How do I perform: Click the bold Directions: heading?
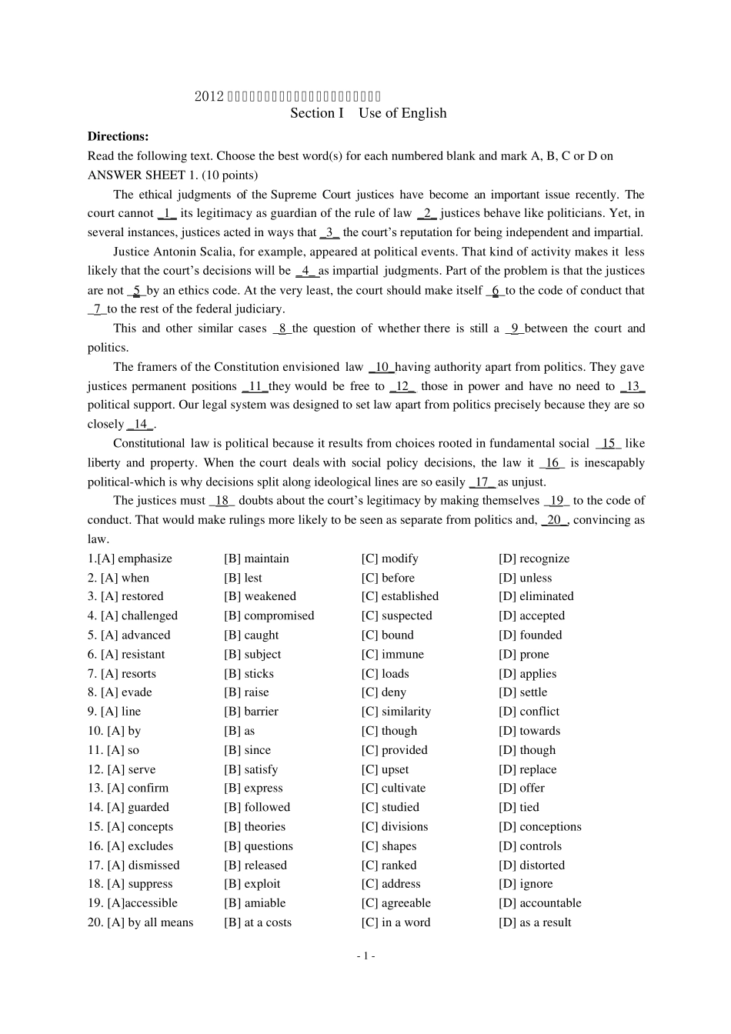tap(118, 136)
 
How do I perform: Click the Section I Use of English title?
tap(368, 113)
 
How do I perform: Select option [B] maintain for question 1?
tap(256, 559)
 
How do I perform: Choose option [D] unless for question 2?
tap(525, 578)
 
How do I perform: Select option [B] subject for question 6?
tap(252, 654)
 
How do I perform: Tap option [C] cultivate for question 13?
tap(393, 788)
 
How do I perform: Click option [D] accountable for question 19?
tap(539, 903)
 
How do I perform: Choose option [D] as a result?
tap(535, 922)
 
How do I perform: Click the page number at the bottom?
tap(365, 956)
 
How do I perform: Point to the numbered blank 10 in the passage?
tap(382, 367)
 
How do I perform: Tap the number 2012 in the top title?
tap(209, 96)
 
